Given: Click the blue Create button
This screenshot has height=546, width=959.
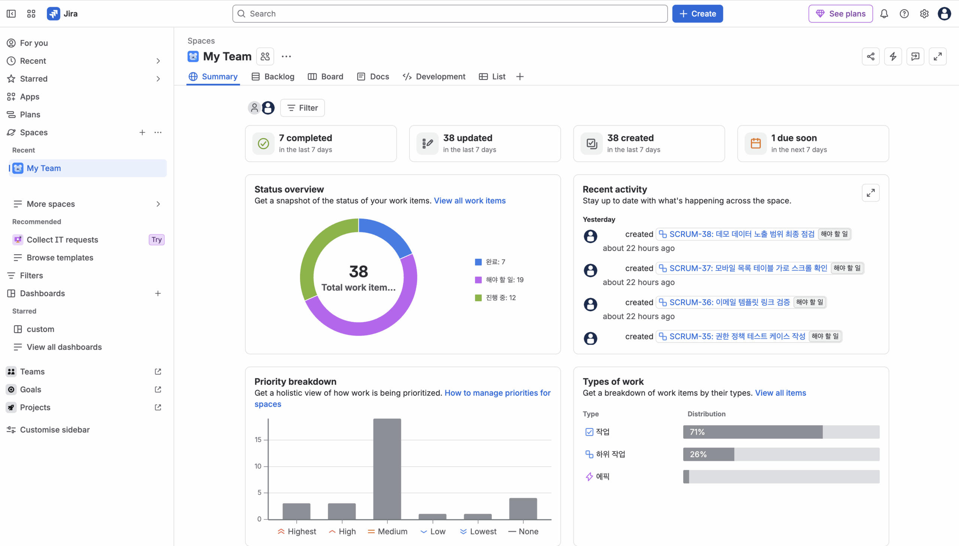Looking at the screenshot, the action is [x=697, y=14].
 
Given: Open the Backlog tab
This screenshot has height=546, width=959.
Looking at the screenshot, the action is [x=273, y=76].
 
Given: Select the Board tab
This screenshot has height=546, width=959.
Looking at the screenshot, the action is [x=326, y=76].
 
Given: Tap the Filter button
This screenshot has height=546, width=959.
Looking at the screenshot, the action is [x=302, y=108].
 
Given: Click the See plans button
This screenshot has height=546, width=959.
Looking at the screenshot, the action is [x=841, y=14].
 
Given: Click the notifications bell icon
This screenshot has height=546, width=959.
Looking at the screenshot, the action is [x=884, y=14].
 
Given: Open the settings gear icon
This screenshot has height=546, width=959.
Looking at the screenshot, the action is [x=924, y=14].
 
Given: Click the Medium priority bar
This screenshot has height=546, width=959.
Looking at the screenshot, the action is [x=387, y=469].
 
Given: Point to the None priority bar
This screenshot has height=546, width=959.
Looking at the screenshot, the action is [x=523, y=508].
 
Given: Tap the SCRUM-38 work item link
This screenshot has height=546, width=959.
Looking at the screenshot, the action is [x=736, y=234].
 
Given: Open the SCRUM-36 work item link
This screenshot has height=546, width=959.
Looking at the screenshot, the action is [x=724, y=302].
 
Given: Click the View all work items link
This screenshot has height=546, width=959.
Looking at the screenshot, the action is [x=470, y=201].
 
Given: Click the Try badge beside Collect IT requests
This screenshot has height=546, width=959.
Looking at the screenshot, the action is [x=157, y=240].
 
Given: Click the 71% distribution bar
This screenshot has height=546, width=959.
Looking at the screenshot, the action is [x=753, y=432].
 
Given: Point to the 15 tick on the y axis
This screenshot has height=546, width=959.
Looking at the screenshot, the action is [x=258, y=439].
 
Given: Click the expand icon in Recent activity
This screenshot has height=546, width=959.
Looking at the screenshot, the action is [x=871, y=193].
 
